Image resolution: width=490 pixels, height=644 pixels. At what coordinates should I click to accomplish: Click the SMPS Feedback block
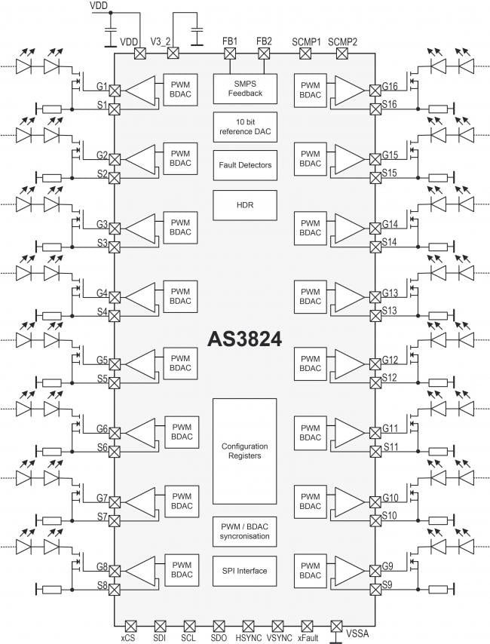(245, 89)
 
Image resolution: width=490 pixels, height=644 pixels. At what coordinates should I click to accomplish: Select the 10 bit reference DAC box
(245, 127)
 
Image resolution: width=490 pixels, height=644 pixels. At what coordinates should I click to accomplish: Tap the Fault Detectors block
(245, 165)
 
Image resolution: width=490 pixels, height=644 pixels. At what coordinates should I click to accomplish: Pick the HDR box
(245, 205)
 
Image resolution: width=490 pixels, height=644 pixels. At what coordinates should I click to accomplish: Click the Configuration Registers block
(244, 451)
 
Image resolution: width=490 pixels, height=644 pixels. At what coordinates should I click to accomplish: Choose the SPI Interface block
(244, 571)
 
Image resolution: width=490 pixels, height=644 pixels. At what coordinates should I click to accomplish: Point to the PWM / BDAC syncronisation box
(244, 532)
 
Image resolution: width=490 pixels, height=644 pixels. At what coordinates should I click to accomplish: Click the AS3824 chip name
(245, 339)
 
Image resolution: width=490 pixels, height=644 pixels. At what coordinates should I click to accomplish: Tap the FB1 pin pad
(230, 54)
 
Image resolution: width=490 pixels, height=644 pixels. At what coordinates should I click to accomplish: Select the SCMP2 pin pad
(342, 54)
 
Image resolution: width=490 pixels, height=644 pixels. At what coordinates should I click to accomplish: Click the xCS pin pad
(130, 627)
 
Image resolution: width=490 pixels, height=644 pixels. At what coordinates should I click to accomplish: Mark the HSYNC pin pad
(248, 627)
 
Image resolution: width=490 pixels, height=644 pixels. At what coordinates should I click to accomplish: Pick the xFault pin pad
(307, 627)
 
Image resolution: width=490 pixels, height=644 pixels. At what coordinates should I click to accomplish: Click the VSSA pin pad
(336, 627)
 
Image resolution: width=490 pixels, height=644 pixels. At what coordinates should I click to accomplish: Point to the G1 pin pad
(114, 90)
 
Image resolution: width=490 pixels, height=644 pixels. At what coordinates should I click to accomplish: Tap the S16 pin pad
(375, 109)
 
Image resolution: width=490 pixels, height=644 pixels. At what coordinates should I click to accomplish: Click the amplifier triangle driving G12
(350, 364)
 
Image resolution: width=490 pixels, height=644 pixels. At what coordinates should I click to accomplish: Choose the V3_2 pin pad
(173, 54)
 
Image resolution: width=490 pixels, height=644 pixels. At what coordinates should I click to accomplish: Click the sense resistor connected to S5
(52, 383)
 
